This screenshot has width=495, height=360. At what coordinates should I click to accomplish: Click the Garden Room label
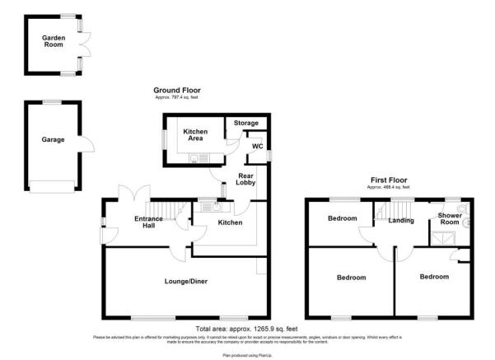(x=54, y=42)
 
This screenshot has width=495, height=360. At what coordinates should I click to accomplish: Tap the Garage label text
(x=53, y=139)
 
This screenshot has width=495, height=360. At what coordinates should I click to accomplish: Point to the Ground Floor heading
(x=176, y=91)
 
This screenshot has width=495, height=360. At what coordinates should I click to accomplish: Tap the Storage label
(x=245, y=123)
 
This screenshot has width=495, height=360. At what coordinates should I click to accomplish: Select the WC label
(x=257, y=146)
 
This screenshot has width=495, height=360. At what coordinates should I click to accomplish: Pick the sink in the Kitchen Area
(x=204, y=158)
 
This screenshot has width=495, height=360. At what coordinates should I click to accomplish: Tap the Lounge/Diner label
(x=185, y=282)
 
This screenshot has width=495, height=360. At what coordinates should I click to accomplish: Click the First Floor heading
(x=386, y=181)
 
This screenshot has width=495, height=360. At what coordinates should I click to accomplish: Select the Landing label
(x=401, y=220)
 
